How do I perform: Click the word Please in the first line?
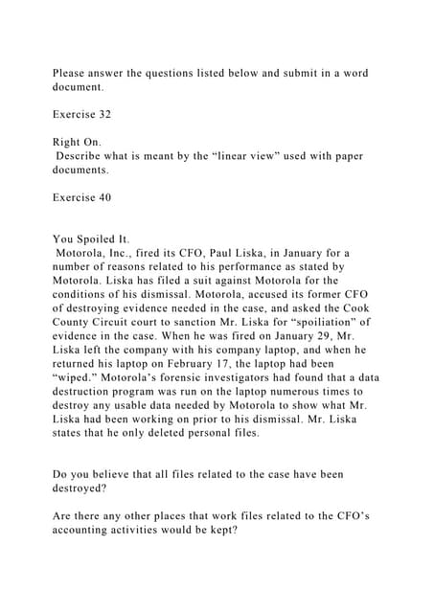(x=72, y=74)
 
